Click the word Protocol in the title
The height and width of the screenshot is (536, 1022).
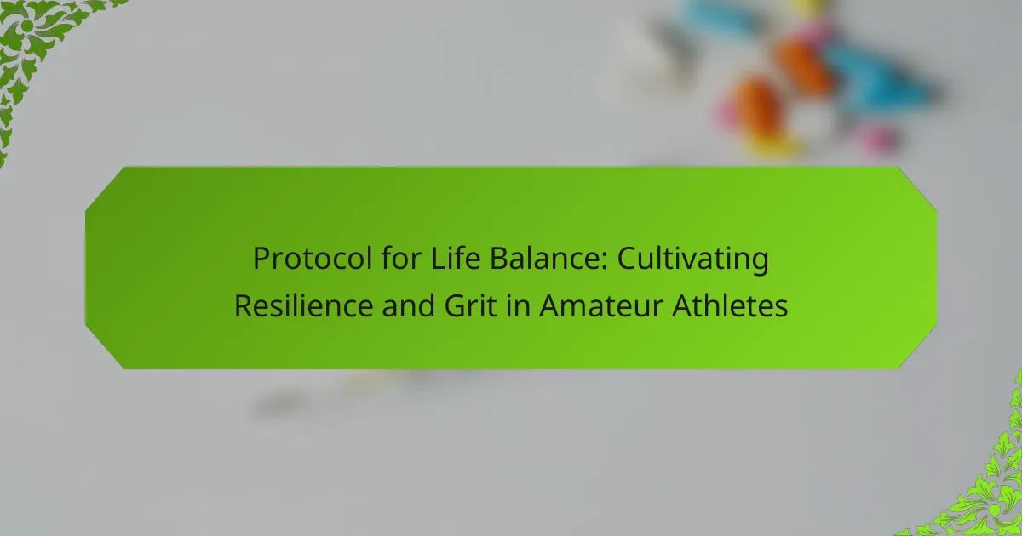[313, 259]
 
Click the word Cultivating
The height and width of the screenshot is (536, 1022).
[693, 259]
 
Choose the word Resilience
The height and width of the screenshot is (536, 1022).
[303, 305]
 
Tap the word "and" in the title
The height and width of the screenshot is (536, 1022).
[408, 305]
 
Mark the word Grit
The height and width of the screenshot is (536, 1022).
[470, 305]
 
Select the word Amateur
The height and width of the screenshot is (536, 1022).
[601, 305]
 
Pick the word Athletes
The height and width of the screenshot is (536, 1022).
[730, 305]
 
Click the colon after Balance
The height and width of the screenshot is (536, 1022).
[604, 263]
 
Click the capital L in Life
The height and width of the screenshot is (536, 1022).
[438, 259]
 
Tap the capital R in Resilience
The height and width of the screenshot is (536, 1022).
[244, 306]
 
